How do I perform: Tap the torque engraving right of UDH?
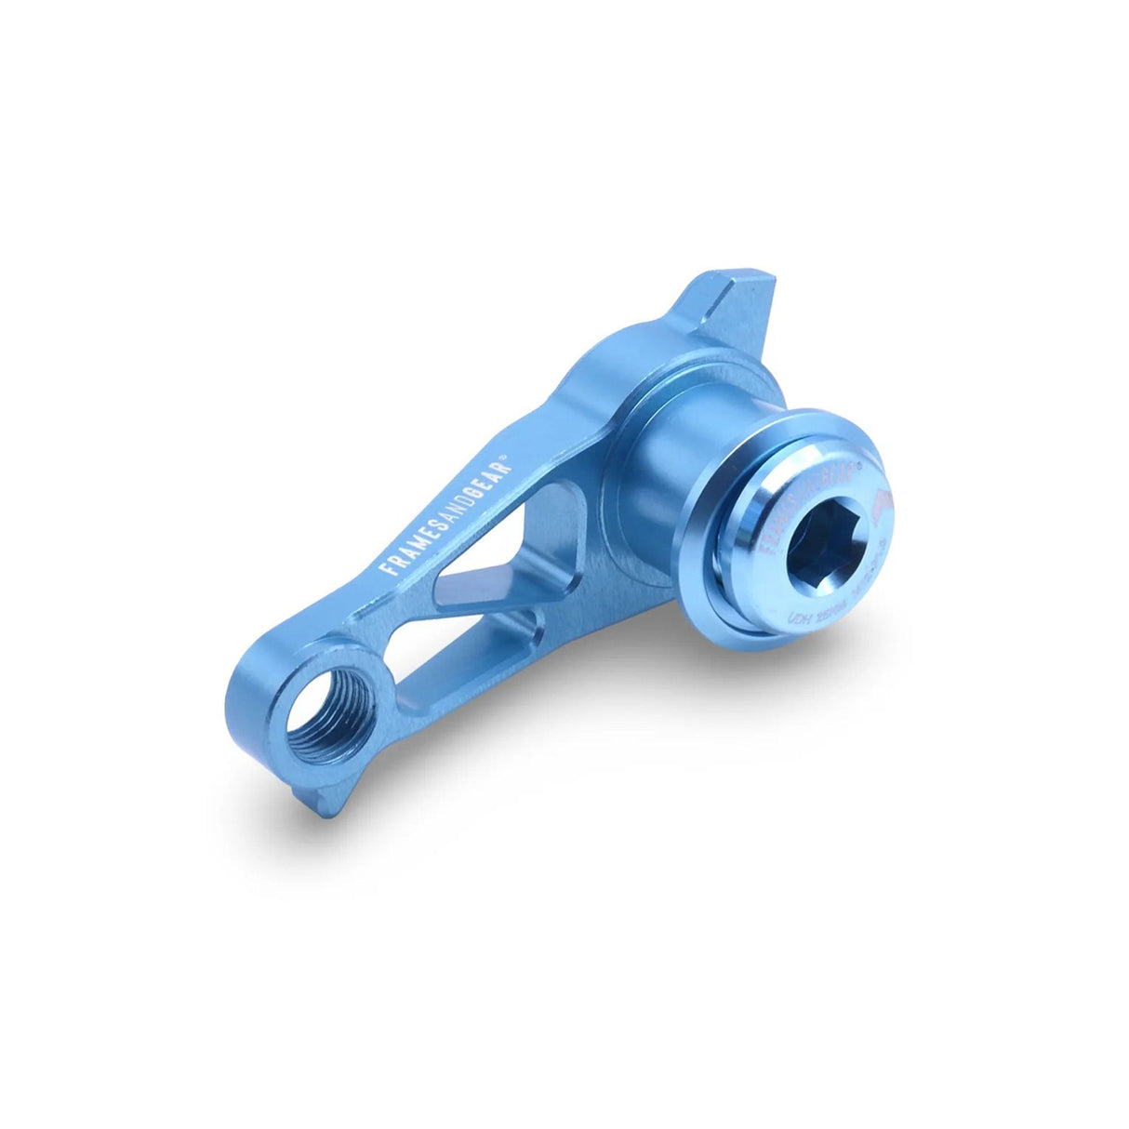click(x=851, y=600)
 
